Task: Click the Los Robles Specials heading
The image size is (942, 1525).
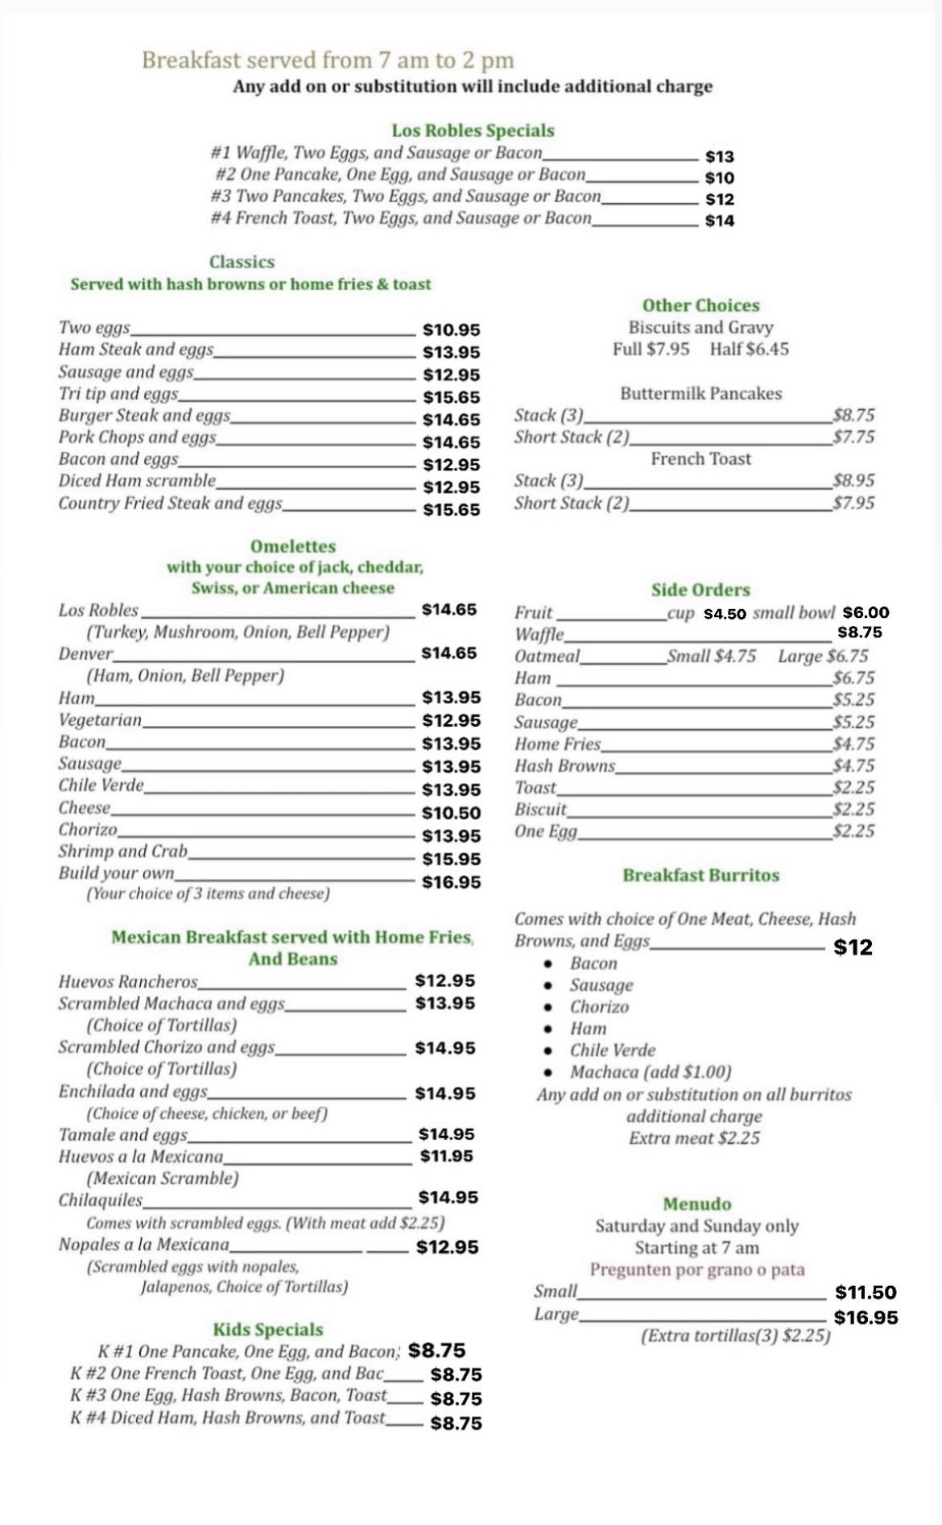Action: coord(473,131)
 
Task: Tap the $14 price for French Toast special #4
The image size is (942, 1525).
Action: coord(719,221)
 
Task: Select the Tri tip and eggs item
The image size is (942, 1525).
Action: coord(118,394)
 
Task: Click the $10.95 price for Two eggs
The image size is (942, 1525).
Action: coord(451,329)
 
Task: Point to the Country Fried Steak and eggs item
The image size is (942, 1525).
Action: coord(170,503)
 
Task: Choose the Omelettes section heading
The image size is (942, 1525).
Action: coord(293,546)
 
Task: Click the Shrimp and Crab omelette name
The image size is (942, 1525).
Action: coord(122,852)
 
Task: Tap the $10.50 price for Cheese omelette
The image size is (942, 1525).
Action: coord(451,814)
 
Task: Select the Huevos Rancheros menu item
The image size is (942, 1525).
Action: coord(128,981)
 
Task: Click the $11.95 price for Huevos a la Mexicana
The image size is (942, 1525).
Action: coord(446,1156)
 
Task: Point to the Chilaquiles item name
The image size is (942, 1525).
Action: coord(100,1200)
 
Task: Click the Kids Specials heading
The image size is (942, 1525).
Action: coord(268,1329)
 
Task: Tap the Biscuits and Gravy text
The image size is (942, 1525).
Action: coord(700,328)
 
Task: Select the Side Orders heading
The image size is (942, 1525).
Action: coord(700,590)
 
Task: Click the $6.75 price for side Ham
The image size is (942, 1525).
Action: coord(853,678)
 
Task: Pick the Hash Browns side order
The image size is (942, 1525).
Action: coord(564,766)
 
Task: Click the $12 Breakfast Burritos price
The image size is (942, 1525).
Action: coord(853,947)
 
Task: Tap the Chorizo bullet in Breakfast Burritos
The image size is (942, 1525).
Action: coord(599,1007)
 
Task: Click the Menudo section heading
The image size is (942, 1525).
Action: coord(697,1204)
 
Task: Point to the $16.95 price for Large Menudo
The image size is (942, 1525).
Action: coord(866,1318)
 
